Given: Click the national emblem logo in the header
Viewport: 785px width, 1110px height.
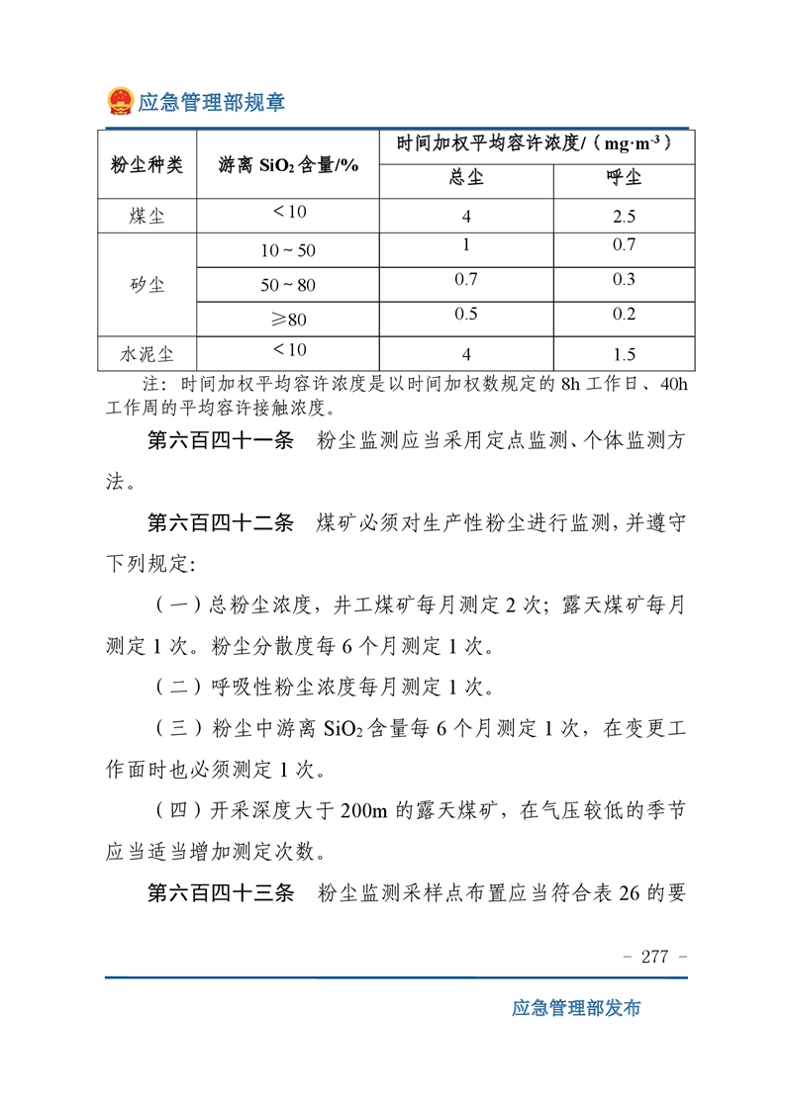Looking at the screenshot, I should coord(120,101).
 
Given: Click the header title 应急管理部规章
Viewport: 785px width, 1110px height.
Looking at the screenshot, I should coord(210,102).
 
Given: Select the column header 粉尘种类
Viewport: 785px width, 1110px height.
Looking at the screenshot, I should coord(147,164).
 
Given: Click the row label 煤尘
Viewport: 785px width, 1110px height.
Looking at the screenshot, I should coord(147,216).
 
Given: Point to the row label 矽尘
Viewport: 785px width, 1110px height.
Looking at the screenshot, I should coord(147,285).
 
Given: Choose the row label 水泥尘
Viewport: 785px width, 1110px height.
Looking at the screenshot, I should coord(147,353).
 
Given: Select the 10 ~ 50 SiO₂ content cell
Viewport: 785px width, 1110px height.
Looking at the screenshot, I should coord(287,251).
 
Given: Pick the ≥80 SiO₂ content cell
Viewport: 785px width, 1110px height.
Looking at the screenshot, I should coord(287,320).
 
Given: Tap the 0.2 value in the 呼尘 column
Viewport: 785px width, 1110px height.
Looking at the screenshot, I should coord(623,315).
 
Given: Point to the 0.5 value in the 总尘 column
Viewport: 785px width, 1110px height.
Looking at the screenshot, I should coord(465,315).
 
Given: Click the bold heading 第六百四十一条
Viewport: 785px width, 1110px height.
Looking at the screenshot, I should coord(220,442).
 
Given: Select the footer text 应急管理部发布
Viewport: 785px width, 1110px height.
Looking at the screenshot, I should coord(576,1008).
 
